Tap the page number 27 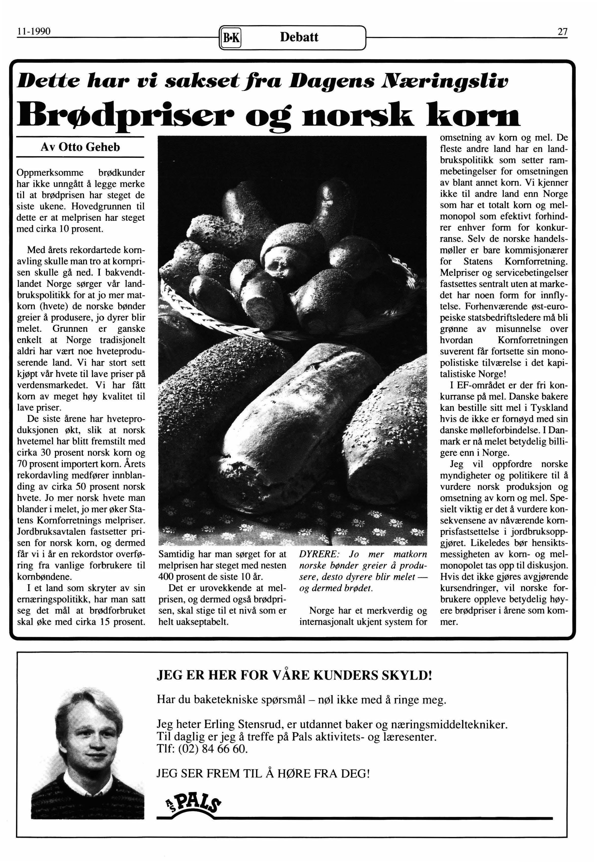[x=562, y=32]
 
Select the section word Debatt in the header [x=299, y=37]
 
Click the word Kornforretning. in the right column [x=536, y=261]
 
